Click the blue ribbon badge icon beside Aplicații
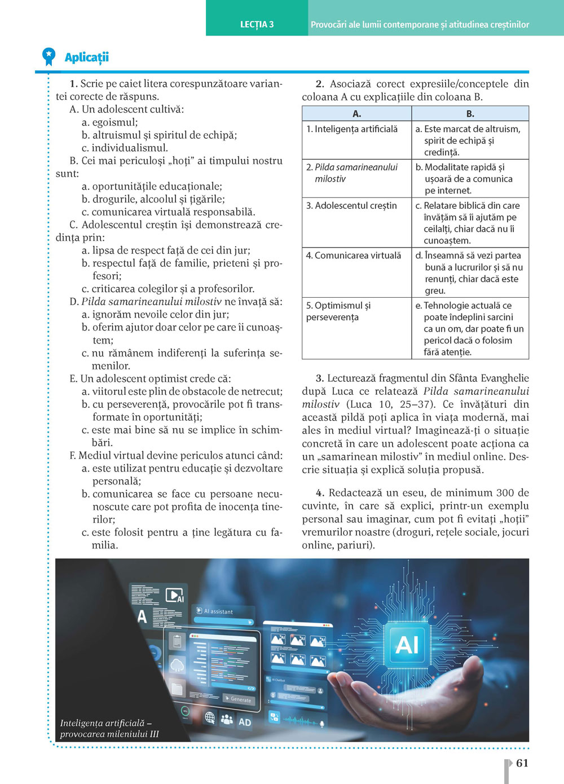click(x=49, y=56)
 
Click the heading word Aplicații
click(x=87, y=57)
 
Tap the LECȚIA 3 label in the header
click(x=257, y=24)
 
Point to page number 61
click(x=522, y=763)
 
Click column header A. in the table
click(x=356, y=114)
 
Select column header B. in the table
click(x=470, y=114)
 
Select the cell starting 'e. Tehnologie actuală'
click(x=471, y=328)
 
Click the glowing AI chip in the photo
click(x=407, y=644)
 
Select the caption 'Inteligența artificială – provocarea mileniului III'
click(x=109, y=728)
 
